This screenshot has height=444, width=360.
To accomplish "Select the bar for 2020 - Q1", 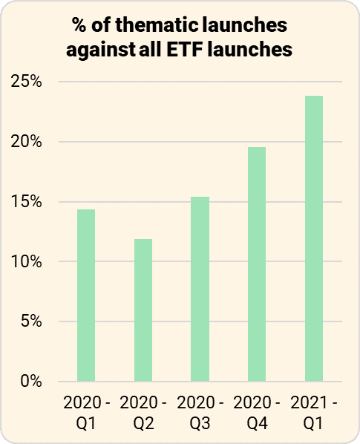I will [86, 296].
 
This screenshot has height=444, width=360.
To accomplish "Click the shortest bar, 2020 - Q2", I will [143, 310].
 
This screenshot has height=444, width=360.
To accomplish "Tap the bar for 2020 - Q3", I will [200, 289].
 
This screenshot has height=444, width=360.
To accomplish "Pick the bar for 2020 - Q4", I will [257, 264].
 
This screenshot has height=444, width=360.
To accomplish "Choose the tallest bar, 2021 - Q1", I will [314, 238].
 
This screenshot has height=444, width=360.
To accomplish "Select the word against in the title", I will [94, 50].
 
